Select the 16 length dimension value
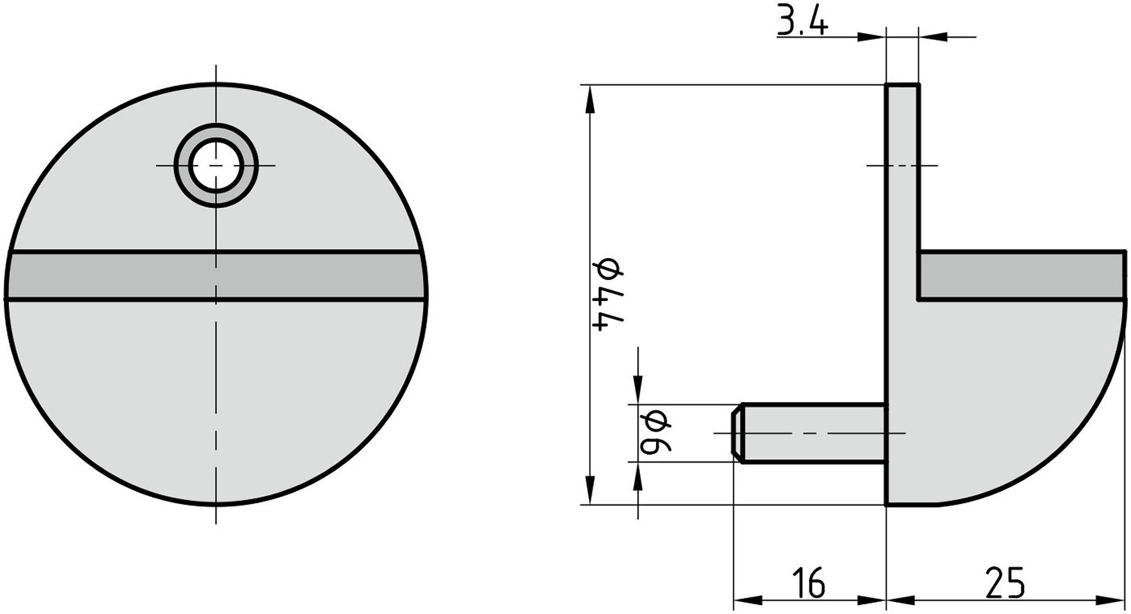pos(808,582)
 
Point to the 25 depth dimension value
pos(1005,582)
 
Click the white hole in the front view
pos(216,165)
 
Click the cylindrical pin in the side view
pos(814,434)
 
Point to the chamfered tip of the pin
pos(737,434)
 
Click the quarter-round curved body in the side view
pos(1003,392)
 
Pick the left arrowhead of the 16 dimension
pos(742,600)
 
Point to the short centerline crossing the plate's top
pos(903,165)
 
